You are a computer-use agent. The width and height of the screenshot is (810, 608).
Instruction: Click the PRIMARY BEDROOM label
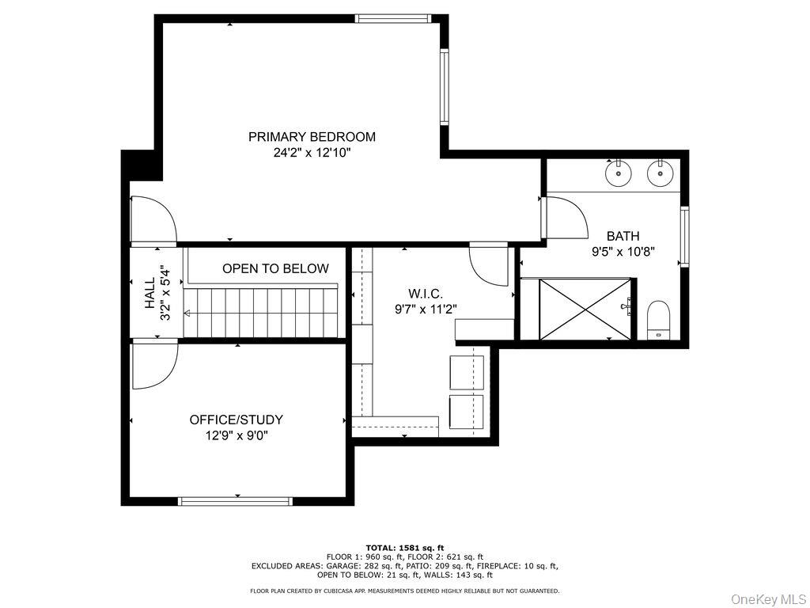[x=312, y=137]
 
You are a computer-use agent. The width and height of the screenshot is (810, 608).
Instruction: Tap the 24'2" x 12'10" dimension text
[x=312, y=153]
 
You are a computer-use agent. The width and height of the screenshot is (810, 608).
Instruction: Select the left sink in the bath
[x=618, y=172]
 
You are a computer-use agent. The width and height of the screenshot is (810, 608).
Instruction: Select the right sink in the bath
[x=659, y=172]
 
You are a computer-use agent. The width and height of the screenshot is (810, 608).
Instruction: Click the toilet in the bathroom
[x=658, y=321]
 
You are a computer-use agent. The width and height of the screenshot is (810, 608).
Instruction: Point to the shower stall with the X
[x=586, y=309]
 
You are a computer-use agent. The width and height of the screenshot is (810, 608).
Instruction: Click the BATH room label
[x=623, y=236]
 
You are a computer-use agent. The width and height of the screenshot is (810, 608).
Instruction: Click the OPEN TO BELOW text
[x=275, y=269]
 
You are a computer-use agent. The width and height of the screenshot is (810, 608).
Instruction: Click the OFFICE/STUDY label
[x=236, y=420]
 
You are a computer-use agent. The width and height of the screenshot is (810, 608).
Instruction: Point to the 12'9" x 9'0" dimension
[x=236, y=435]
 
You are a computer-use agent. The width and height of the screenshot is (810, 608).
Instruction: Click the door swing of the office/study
[x=152, y=364]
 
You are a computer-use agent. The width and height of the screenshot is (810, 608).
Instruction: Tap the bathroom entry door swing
[x=565, y=218]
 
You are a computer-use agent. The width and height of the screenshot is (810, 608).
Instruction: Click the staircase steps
[x=261, y=312]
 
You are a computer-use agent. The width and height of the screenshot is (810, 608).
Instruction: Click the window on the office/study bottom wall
[x=236, y=501]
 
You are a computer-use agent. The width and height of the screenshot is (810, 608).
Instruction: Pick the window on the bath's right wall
[x=685, y=236]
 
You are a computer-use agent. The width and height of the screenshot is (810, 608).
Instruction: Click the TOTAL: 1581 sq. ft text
[x=404, y=548]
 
